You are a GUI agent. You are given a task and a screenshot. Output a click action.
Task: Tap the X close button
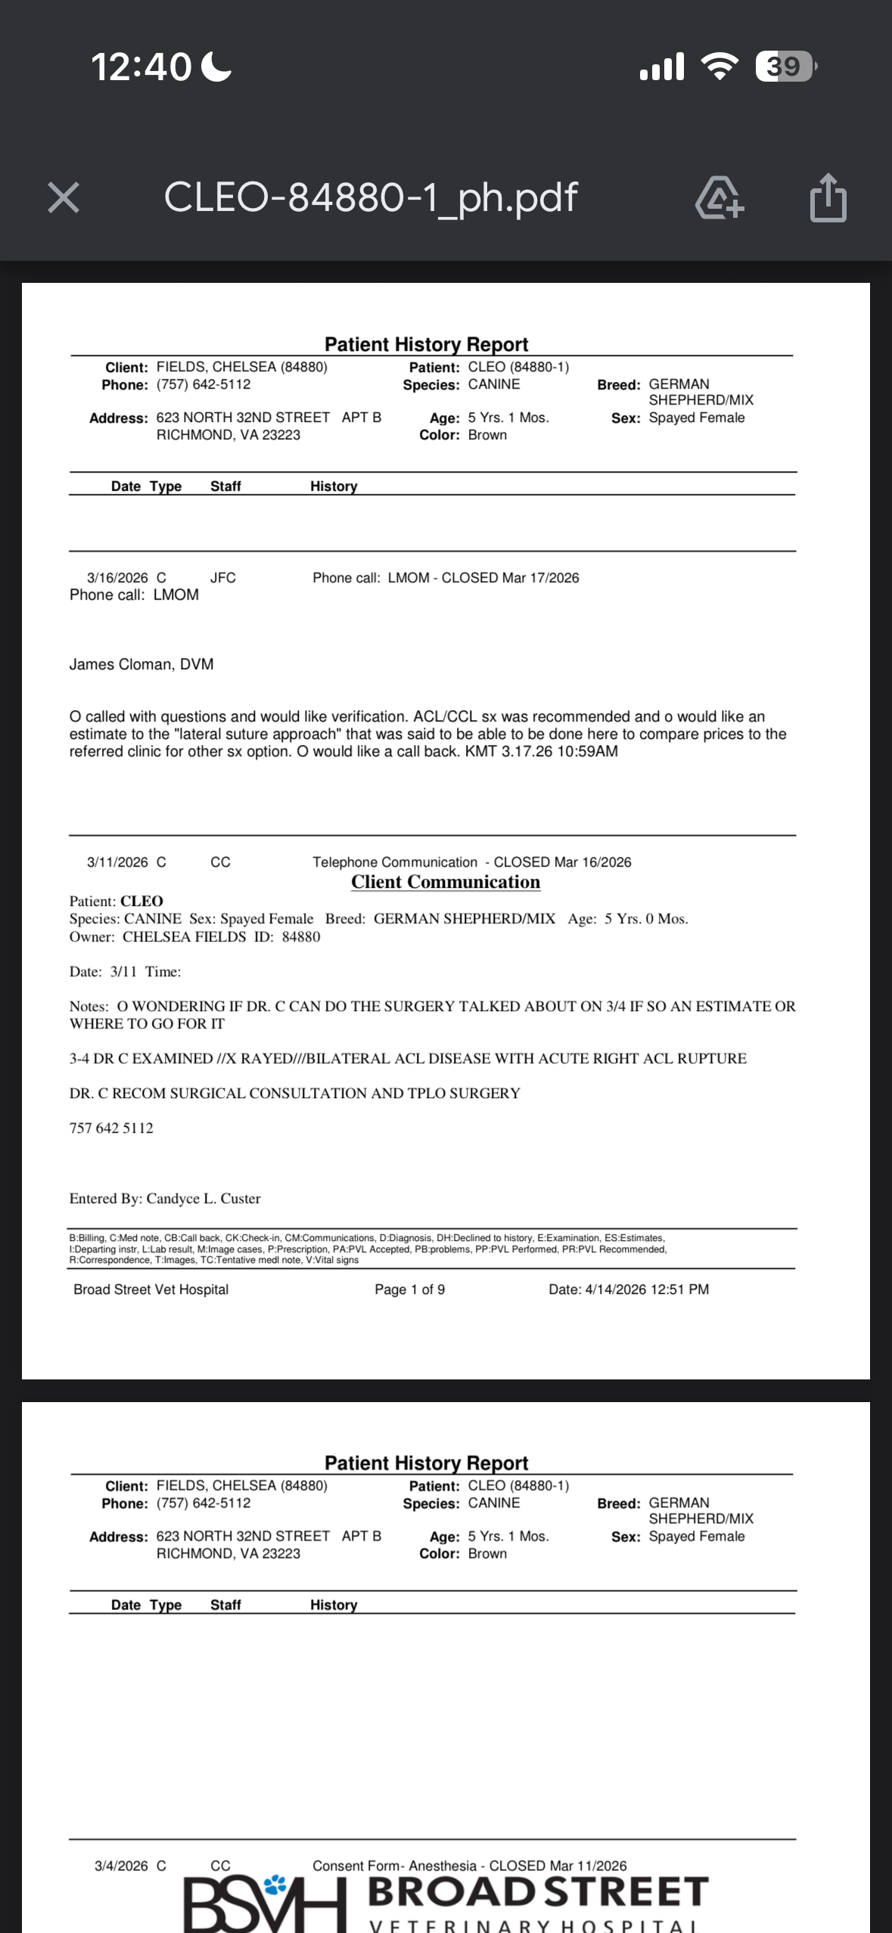[64, 198]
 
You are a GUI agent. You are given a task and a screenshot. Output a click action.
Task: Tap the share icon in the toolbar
[828, 198]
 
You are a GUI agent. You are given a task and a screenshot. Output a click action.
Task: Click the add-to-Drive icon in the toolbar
[719, 198]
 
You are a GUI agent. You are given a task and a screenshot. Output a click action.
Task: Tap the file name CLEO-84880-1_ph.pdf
[371, 197]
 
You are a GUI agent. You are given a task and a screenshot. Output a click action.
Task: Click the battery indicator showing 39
[785, 67]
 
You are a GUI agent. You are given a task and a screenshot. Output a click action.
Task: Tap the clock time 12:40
[141, 67]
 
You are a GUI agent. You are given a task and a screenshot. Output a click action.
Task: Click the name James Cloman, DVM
[141, 664]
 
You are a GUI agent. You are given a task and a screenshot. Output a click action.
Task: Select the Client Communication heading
[446, 882]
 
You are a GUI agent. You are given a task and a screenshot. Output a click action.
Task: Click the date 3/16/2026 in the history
[117, 578]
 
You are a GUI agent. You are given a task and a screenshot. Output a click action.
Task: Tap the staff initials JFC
[223, 578]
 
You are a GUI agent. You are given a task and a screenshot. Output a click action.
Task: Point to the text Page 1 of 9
[409, 1289]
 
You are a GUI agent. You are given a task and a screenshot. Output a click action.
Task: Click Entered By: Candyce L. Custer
[165, 1199]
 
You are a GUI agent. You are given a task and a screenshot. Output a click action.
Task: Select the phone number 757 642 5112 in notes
[111, 1128]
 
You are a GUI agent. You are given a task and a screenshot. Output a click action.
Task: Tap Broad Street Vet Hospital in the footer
[151, 1289]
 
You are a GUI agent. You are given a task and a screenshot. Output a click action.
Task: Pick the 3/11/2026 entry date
[117, 862]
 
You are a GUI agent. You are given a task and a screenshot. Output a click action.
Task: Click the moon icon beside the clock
[217, 67]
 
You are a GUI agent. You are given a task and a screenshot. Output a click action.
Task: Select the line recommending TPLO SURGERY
[295, 1094]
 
